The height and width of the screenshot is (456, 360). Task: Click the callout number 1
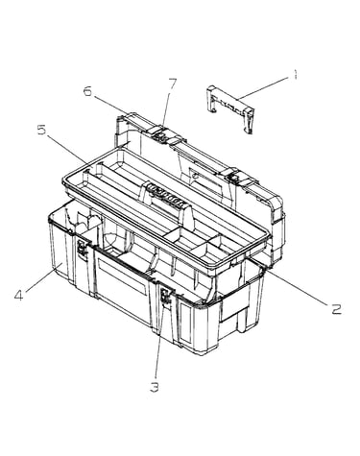(295, 75)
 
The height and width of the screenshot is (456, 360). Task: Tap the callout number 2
(336, 309)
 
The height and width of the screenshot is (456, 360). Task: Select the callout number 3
(155, 388)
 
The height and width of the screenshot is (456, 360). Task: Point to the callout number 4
(19, 295)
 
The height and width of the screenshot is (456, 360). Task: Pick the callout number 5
(41, 131)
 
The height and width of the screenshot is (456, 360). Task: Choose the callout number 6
(87, 91)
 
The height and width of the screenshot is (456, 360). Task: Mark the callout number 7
(172, 84)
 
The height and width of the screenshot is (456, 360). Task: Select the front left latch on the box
(83, 249)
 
